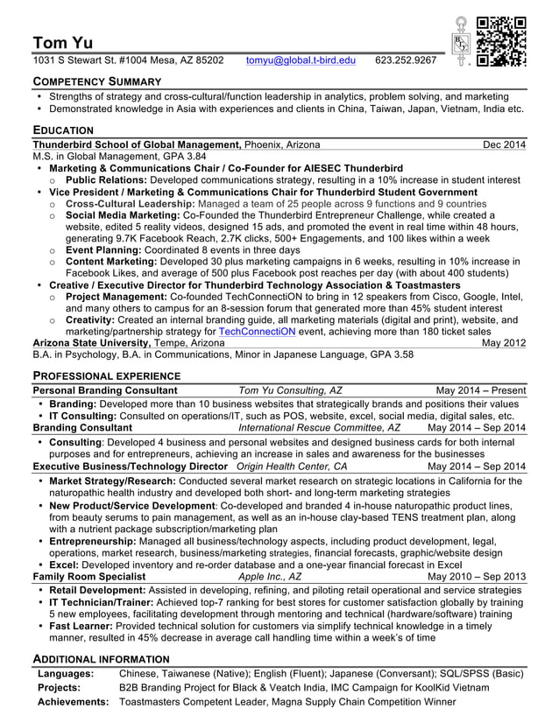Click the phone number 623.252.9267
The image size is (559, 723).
pyautogui.click(x=405, y=60)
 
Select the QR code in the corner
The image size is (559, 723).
pyautogui.click(x=501, y=41)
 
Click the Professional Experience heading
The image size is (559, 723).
pyautogui.click(x=108, y=375)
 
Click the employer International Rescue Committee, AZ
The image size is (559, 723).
pyautogui.click(x=319, y=428)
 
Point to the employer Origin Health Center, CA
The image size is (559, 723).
pyautogui.click(x=292, y=467)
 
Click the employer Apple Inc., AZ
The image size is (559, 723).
pyautogui.click(x=269, y=577)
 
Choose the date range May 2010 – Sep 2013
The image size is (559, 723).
pyautogui.click(x=477, y=577)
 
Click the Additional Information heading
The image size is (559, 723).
pyautogui.click(x=101, y=658)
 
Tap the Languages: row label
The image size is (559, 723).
pyautogui.click(x=66, y=674)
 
